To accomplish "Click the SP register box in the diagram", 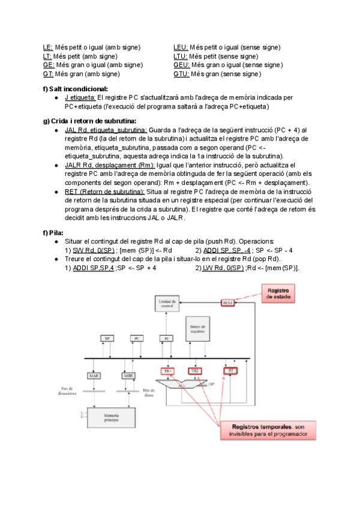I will pos(107,339).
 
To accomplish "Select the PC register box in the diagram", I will pos(137,339).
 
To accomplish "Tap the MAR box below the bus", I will pos(94,375).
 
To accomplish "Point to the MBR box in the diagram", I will pos(128,375).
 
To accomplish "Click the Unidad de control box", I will pos(165,303).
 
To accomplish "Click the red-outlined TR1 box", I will pos(168,371).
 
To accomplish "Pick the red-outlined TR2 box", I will pos(195,371).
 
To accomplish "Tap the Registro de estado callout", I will pos(278,294).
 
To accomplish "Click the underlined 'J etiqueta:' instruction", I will pos(80,97).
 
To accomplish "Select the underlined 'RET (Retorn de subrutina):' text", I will pos(104,187).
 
